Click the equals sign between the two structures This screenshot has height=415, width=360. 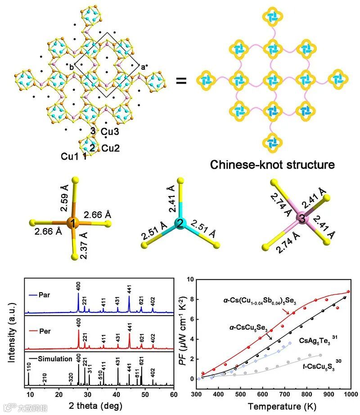coord(181,81)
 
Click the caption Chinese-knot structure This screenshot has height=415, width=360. coord(272,165)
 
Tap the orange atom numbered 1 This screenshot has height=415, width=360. coord(71,222)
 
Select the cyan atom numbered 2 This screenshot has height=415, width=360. coord(180,223)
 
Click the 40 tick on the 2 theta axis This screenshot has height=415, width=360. coord(116,394)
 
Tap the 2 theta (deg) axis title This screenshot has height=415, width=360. coord(100,406)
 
